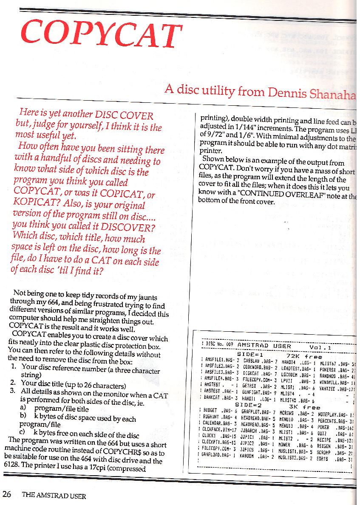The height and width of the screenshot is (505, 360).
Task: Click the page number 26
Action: click(x=6, y=494)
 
